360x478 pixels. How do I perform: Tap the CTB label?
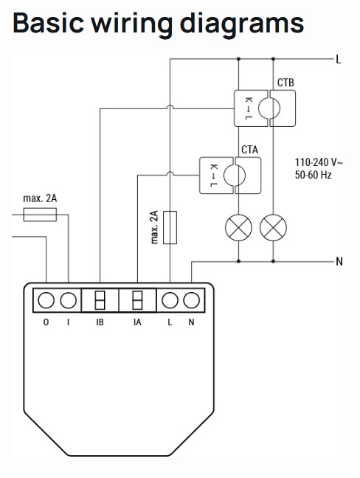pyautogui.click(x=285, y=83)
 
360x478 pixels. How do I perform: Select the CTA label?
pyautogui.click(x=249, y=150)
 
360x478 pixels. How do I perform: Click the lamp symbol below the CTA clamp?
pyautogui.click(x=238, y=228)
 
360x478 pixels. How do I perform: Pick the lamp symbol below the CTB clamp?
pyautogui.click(x=273, y=228)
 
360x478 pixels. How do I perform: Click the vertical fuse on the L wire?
pyautogui.click(x=170, y=227)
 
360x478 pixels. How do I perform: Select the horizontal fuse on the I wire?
pyautogui.click(x=40, y=215)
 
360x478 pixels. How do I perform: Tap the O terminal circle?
pyautogui.click(x=46, y=300)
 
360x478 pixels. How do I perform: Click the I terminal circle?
pyautogui.click(x=69, y=300)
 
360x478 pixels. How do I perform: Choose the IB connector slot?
pyautogui.click(x=100, y=300)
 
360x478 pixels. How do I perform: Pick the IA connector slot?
pyautogui.click(x=137, y=300)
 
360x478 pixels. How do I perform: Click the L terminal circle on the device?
pyautogui.click(x=170, y=300)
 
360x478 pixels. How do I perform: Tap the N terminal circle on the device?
pyautogui.click(x=191, y=300)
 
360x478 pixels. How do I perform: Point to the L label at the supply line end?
pyautogui.click(x=339, y=60)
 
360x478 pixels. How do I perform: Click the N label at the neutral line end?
pyautogui.click(x=339, y=262)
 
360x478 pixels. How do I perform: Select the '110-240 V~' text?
pyautogui.click(x=319, y=162)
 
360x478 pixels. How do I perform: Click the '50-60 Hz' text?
pyautogui.click(x=313, y=175)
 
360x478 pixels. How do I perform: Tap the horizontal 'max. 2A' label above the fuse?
pyautogui.click(x=40, y=198)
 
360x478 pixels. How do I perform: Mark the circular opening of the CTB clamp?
pyautogui.click(x=269, y=108)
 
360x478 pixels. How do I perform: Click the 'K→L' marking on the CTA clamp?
pyautogui.click(x=214, y=176)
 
